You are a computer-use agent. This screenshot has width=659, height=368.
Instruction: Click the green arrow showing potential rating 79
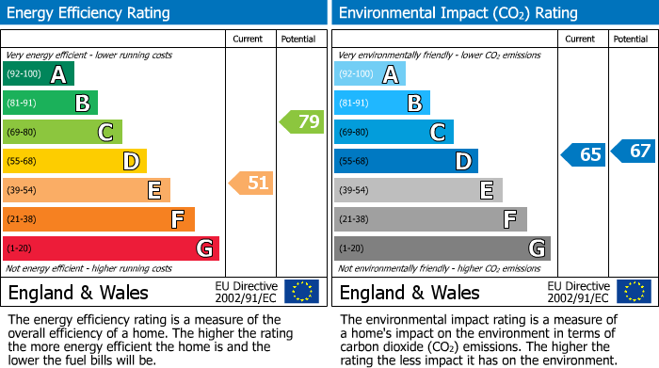302,121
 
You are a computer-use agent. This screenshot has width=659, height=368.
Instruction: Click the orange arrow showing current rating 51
251,183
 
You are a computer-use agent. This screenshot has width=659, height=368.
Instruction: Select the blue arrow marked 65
584,154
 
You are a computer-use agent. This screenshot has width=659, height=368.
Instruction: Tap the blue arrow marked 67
634,151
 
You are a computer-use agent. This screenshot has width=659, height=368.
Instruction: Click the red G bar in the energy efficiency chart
111,248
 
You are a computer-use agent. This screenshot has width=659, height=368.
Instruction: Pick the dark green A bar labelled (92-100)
39,74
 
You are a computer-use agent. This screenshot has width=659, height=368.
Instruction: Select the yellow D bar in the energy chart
74,161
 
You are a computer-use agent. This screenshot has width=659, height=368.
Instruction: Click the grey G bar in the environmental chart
442,248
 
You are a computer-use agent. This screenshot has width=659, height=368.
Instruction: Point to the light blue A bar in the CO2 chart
370,74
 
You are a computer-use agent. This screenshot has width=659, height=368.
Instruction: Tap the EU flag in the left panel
301,292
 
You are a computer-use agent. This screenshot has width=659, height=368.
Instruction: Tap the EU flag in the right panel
634,292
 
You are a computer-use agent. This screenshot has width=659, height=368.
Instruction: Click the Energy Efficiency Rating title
89,13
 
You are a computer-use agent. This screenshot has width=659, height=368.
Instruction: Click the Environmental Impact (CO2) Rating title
458,13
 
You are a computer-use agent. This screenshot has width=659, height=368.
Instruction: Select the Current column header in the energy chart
248,39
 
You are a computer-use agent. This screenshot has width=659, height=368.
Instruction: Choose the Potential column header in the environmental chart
631,39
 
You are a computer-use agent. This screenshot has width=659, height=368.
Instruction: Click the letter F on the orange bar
177,220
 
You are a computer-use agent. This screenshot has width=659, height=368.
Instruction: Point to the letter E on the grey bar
486,191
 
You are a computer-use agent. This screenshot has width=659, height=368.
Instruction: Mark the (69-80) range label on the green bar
21,133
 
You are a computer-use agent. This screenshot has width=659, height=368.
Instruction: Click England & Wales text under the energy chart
78,293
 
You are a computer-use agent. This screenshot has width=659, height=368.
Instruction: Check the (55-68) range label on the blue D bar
354,162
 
